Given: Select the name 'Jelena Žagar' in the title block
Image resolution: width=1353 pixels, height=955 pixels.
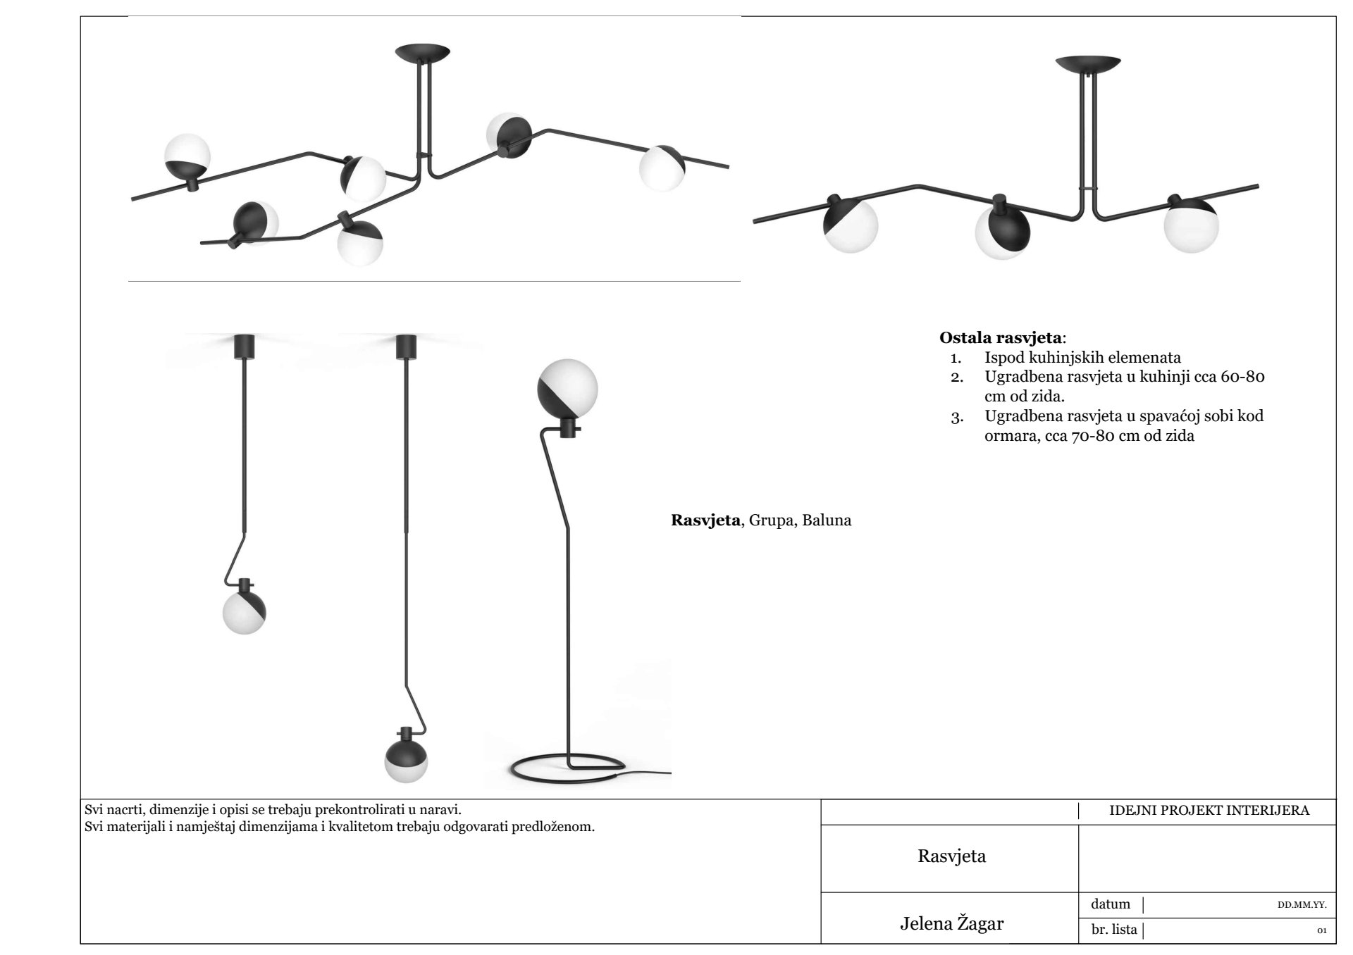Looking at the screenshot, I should point(951,923).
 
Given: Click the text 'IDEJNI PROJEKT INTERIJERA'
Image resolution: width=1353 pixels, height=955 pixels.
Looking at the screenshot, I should point(1209,810).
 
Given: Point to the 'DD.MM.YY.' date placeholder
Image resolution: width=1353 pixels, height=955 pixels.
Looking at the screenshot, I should point(1302,905).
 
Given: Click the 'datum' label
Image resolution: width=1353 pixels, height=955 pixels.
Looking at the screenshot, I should point(1110,904).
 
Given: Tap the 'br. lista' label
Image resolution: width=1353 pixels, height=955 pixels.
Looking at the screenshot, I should point(1114,930).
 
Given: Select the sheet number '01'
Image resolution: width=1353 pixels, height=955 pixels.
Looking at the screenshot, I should point(1321,931).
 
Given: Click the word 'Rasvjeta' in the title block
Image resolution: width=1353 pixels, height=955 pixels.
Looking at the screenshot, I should point(951,856).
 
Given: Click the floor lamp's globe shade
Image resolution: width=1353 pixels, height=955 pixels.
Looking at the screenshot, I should point(567,389).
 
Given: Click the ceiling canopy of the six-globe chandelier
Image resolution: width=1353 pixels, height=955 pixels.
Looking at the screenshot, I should point(422,51).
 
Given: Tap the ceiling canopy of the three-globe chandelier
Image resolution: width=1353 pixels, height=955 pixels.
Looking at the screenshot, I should point(1087,63).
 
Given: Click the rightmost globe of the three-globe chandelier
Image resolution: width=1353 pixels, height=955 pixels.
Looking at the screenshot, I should point(1190,225).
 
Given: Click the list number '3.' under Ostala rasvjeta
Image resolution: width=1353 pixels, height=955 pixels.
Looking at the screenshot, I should point(956,418).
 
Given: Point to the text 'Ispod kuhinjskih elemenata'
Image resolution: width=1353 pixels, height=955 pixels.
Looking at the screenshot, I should point(1082,357).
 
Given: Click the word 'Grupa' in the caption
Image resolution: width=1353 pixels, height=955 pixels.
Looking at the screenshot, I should point(771,521).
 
